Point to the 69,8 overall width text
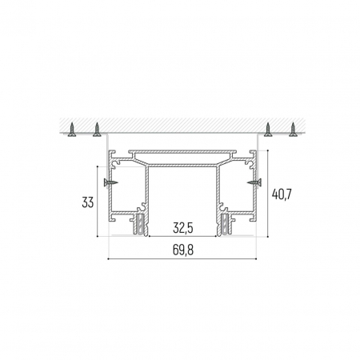pos(181,250)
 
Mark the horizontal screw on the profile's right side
pos(254,184)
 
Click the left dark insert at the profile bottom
pos(141,223)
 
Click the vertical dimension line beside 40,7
pos(268,194)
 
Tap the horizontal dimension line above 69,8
pos(181,260)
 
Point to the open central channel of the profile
pos(182,196)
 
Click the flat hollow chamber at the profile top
pos(182,154)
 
